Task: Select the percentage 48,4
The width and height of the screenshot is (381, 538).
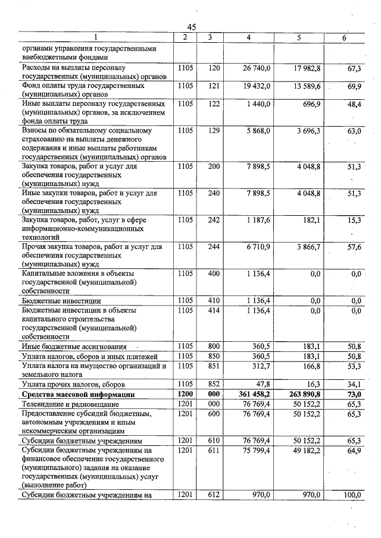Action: (x=354, y=104)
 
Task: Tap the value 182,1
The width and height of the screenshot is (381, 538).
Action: (x=311, y=220)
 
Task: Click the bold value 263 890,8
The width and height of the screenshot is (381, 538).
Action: (x=302, y=395)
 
